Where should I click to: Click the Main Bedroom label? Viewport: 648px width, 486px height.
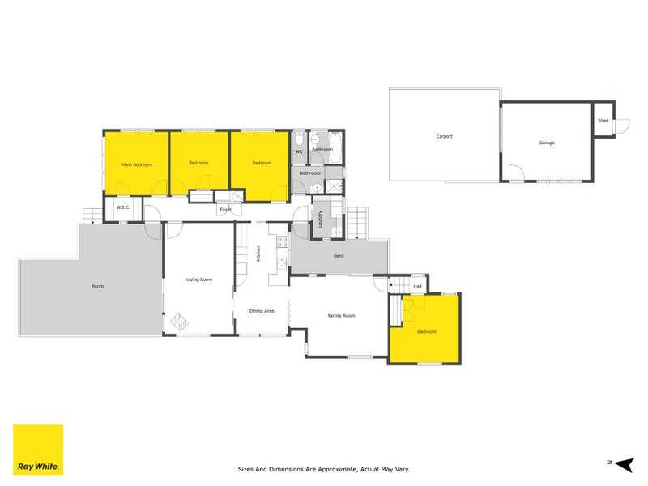click(137, 164)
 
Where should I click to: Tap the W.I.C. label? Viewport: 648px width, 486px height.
click(123, 207)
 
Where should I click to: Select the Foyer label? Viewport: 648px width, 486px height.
click(225, 210)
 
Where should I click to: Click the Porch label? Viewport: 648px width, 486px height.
click(98, 286)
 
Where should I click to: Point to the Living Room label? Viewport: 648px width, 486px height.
click(199, 279)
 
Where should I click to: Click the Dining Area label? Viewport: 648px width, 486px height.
click(262, 311)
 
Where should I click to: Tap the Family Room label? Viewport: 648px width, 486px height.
click(341, 315)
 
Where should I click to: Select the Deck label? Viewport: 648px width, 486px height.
click(339, 256)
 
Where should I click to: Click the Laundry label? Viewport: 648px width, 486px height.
click(320, 220)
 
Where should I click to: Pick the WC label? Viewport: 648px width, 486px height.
click(299, 151)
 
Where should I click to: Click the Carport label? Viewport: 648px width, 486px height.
click(444, 136)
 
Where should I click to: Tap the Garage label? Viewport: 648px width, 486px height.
click(547, 143)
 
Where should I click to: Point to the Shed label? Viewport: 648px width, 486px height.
click(603, 121)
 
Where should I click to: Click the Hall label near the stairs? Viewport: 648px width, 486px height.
click(418, 286)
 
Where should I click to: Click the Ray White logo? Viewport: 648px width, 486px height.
click(39, 450)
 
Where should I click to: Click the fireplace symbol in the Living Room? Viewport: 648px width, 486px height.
click(179, 323)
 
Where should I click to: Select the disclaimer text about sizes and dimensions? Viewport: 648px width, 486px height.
click(323, 468)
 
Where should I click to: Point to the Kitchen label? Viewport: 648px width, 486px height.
click(258, 253)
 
